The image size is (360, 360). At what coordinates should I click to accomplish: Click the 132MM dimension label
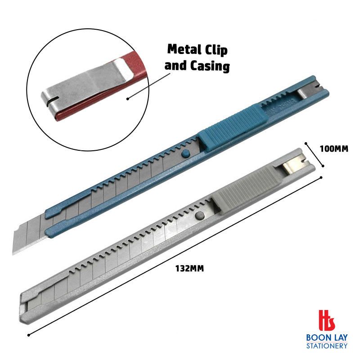coord(189,268)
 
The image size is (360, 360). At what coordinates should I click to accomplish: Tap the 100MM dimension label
coord(334,149)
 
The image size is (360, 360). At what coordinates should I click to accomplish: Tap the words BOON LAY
coord(327,338)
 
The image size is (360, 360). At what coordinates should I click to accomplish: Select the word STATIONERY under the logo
coord(327,346)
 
